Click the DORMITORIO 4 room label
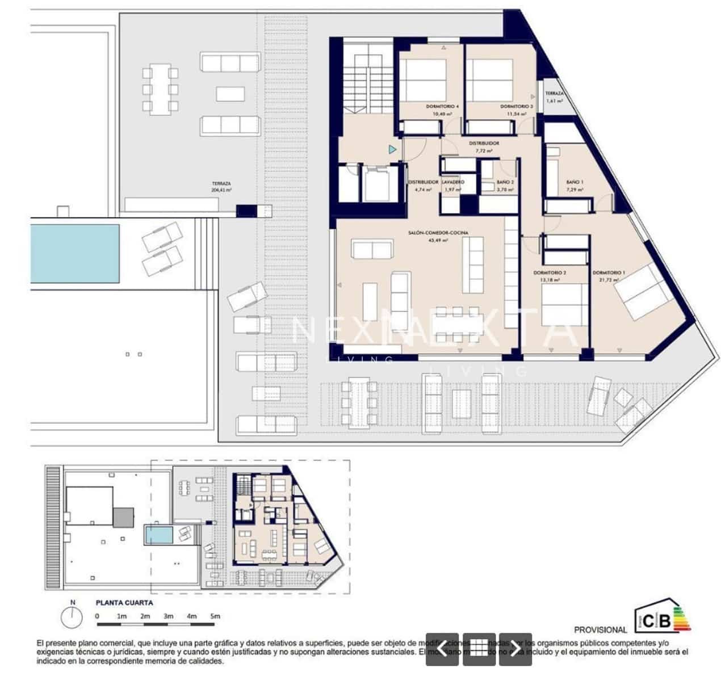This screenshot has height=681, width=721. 442,107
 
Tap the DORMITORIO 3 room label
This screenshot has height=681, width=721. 516,107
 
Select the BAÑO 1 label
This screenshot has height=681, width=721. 575,182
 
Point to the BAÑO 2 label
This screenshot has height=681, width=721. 505,182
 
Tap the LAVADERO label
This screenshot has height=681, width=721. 454,182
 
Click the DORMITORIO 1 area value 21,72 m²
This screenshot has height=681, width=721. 608,280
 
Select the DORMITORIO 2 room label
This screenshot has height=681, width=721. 550,272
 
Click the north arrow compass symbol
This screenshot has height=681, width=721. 72,616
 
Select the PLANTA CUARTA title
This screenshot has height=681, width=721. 124,603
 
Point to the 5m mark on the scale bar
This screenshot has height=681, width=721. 215,616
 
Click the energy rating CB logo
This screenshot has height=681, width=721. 662,619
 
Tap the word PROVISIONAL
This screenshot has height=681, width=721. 601,629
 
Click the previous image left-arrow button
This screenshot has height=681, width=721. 442,649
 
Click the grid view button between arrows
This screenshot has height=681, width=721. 479,649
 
